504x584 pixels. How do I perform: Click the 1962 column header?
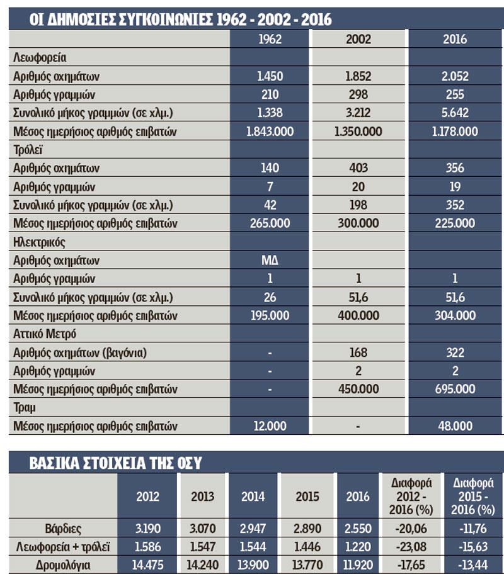click(x=270, y=39)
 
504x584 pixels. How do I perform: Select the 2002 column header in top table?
click(x=358, y=39)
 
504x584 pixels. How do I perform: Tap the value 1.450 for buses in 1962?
click(x=270, y=76)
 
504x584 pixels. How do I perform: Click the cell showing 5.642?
click(x=455, y=113)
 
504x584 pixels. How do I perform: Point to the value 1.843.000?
click(x=270, y=132)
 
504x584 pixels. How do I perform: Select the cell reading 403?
click(x=358, y=169)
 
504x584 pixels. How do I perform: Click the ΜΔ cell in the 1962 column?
click(x=270, y=261)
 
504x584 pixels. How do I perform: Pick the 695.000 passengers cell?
click(x=455, y=390)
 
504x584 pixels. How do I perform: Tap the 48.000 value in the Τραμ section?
click(x=455, y=426)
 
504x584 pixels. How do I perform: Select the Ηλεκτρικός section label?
click(x=40, y=242)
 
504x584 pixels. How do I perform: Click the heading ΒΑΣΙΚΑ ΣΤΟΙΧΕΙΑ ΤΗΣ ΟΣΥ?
click(x=115, y=463)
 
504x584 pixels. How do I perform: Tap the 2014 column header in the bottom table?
click(x=253, y=496)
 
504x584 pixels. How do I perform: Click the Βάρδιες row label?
click(x=63, y=529)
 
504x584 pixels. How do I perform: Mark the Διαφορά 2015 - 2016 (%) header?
click(x=473, y=496)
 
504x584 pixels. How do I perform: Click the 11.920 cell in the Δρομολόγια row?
click(x=358, y=565)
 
